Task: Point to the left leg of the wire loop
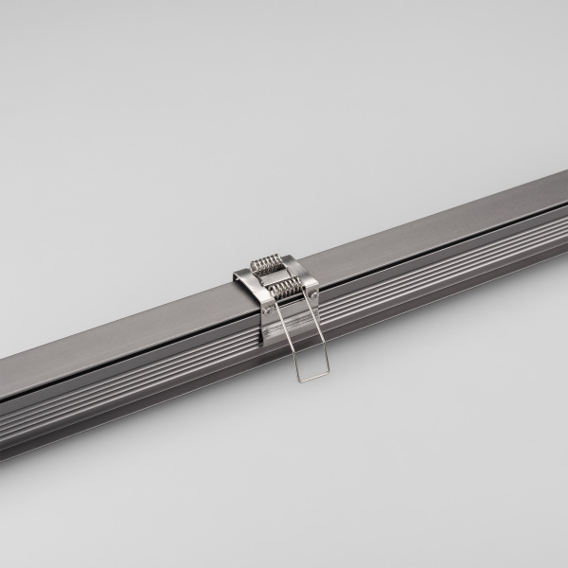point(285,341)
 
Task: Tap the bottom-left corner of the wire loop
point(299,381)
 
